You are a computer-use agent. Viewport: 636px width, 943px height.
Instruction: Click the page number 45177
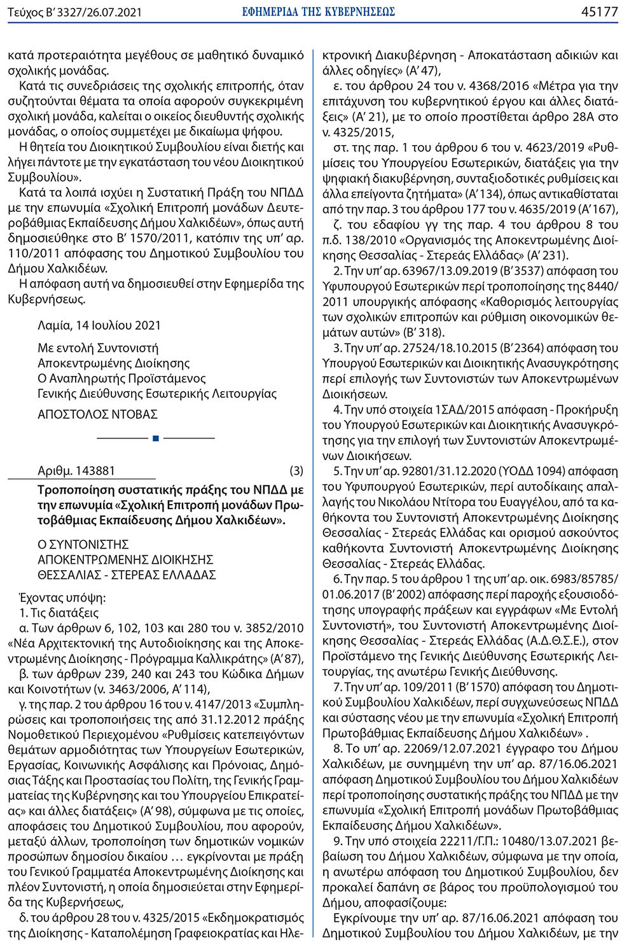(x=599, y=11)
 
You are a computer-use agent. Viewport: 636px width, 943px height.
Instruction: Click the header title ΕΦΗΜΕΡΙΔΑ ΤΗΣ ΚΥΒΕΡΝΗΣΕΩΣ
(x=319, y=11)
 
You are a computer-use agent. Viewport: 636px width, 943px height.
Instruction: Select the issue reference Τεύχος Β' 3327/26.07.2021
(x=75, y=12)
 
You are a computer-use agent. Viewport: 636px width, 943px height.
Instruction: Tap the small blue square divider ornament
(x=156, y=438)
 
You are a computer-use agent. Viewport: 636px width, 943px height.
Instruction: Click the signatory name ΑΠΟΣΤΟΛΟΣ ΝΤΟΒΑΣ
(x=98, y=414)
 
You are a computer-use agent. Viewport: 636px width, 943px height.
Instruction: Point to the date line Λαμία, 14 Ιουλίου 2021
(x=99, y=325)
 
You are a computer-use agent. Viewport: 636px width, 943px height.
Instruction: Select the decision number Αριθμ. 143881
(x=76, y=471)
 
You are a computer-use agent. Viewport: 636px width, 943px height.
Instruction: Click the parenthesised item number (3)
(x=296, y=471)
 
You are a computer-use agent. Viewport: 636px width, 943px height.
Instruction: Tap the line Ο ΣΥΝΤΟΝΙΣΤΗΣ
(x=83, y=544)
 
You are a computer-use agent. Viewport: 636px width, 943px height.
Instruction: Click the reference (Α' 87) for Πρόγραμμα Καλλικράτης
(x=287, y=659)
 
